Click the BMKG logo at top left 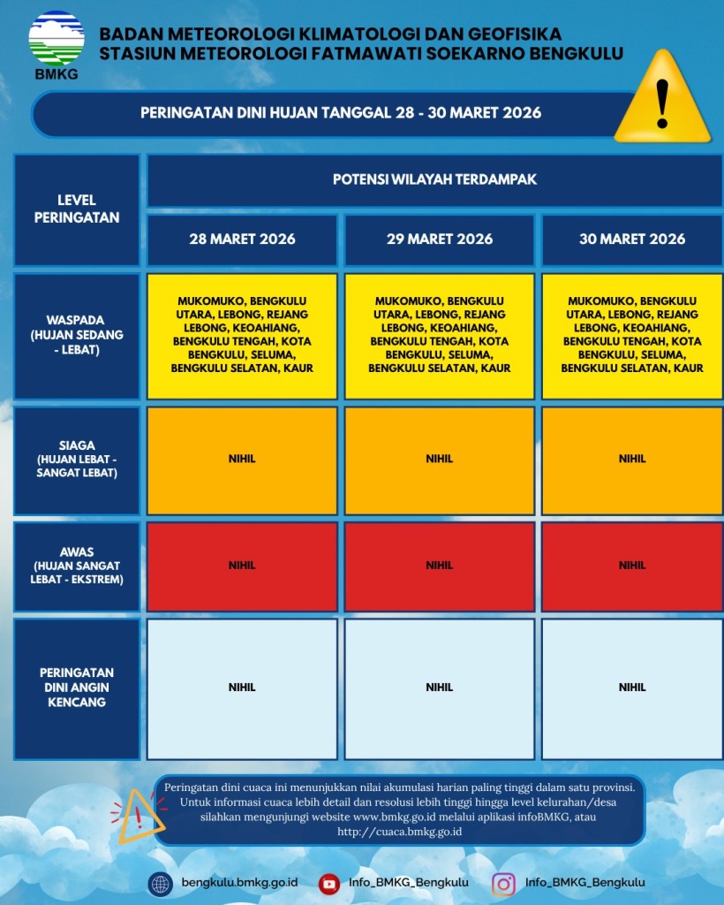tap(57, 44)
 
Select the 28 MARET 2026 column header tap(242, 240)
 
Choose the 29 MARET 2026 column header tap(440, 240)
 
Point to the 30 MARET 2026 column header tap(632, 240)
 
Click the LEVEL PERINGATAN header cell tap(77, 209)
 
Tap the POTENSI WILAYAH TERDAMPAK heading tap(434, 180)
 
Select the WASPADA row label tap(77, 336)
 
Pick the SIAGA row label tap(77, 459)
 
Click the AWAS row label tap(77, 566)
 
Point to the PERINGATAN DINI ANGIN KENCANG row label tap(77, 687)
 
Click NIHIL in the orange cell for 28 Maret tap(242, 459)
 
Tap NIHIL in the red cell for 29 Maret tap(440, 566)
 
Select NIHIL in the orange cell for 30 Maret tap(632, 459)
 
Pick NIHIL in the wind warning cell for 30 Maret tap(632, 687)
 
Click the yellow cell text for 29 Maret tap(440, 335)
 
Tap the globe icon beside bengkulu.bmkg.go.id tap(161, 883)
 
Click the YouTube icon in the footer tap(329, 883)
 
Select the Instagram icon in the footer tap(503, 883)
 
